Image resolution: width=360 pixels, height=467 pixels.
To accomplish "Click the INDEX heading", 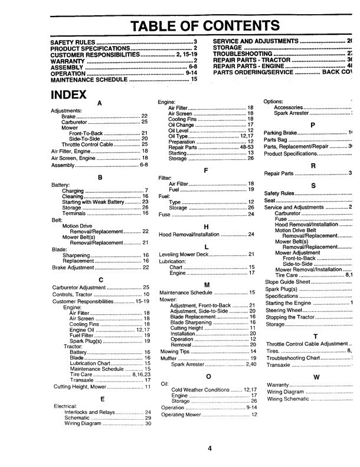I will [x=68, y=96].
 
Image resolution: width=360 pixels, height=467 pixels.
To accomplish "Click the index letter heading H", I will [x=206, y=226].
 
